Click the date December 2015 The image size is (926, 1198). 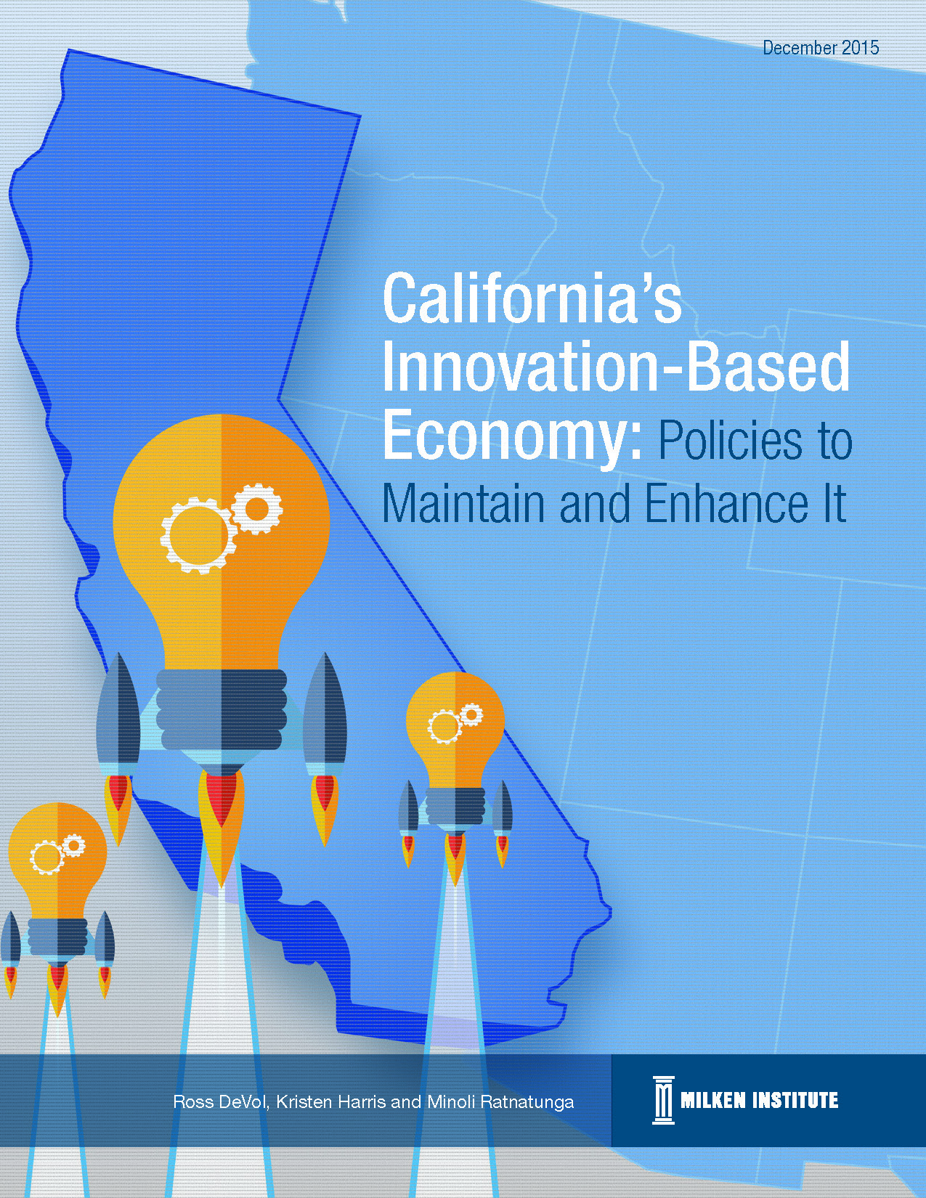[x=821, y=48]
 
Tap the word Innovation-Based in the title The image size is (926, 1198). [x=615, y=365]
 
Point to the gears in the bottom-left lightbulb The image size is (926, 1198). [x=57, y=854]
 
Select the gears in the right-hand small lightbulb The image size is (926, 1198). [x=455, y=722]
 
